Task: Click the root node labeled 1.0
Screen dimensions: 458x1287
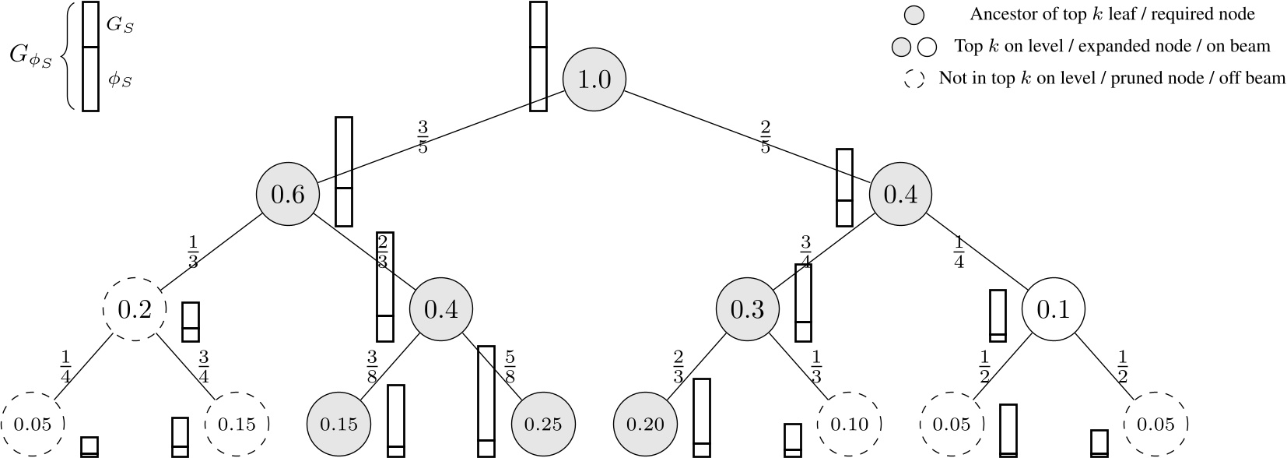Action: pyautogui.click(x=594, y=79)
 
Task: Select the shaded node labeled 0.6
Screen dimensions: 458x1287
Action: pyautogui.click(x=287, y=195)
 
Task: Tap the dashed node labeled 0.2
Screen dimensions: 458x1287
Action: pyautogui.click(x=135, y=310)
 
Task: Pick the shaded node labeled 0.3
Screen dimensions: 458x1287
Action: pyautogui.click(x=747, y=310)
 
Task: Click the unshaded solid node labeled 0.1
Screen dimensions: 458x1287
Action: pyautogui.click(x=1053, y=310)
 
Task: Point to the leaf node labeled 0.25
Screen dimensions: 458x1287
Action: pyautogui.click(x=542, y=425)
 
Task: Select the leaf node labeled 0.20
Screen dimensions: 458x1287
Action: pyautogui.click(x=644, y=425)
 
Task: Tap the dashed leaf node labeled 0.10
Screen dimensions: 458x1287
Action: pyautogui.click(x=849, y=425)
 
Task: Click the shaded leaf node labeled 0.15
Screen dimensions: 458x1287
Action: pyautogui.click(x=338, y=425)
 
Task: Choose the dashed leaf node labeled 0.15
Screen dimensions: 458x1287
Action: pyautogui.click(x=237, y=425)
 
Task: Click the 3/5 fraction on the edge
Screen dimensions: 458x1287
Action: pyautogui.click(x=423, y=136)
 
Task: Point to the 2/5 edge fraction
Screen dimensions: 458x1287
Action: pyautogui.click(x=765, y=136)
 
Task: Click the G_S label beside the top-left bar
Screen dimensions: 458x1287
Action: pyautogui.click(x=121, y=25)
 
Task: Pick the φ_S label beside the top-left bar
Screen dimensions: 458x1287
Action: pyautogui.click(x=120, y=79)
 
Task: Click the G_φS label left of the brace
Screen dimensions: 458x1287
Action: pyautogui.click(x=31, y=56)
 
